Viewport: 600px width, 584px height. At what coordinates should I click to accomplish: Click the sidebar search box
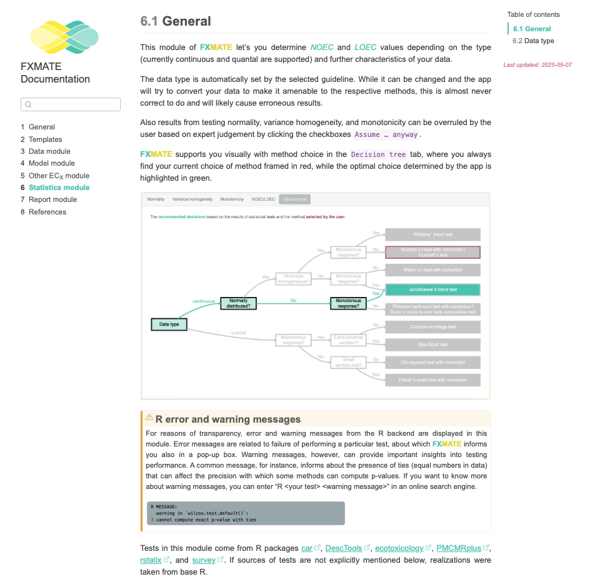pos(71,104)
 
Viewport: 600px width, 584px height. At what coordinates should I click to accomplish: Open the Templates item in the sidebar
pos(45,139)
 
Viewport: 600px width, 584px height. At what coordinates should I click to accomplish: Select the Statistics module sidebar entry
pos(59,188)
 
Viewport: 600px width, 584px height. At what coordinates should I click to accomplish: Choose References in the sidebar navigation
pos(47,212)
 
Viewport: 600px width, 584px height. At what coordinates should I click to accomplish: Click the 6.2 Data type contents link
pos(533,41)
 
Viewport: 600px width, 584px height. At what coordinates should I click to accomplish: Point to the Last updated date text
pos(537,65)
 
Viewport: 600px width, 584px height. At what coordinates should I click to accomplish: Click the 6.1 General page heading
pos(176,21)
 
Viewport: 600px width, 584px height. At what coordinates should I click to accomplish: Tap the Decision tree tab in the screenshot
pos(294,199)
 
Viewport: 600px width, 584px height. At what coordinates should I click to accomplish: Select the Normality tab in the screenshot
pos(156,199)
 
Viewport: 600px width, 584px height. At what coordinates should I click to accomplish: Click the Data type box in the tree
pos(169,325)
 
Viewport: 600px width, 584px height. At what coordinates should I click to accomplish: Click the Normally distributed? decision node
pos(239,303)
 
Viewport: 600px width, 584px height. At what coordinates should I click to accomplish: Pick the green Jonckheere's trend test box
pos(432,290)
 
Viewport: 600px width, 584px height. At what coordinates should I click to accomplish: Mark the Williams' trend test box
pos(432,234)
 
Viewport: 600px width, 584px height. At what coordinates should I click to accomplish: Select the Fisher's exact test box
pos(432,380)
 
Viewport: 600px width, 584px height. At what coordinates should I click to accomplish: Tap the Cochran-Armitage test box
pos(432,327)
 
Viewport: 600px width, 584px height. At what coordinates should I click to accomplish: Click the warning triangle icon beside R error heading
pos(149,418)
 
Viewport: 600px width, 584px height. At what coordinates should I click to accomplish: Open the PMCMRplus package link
pos(459,548)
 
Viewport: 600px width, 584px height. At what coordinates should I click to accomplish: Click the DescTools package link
pos(344,548)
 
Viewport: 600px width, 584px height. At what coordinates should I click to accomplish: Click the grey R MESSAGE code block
pos(245,513)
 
